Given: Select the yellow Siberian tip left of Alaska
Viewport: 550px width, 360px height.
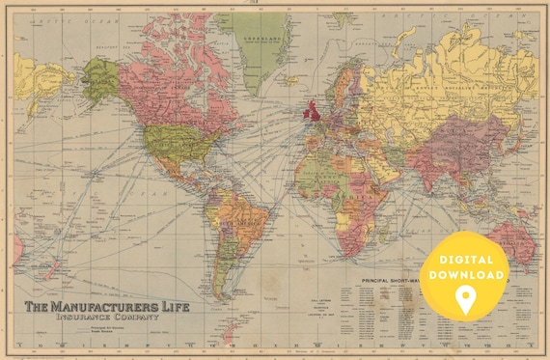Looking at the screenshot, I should coord(34,77).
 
